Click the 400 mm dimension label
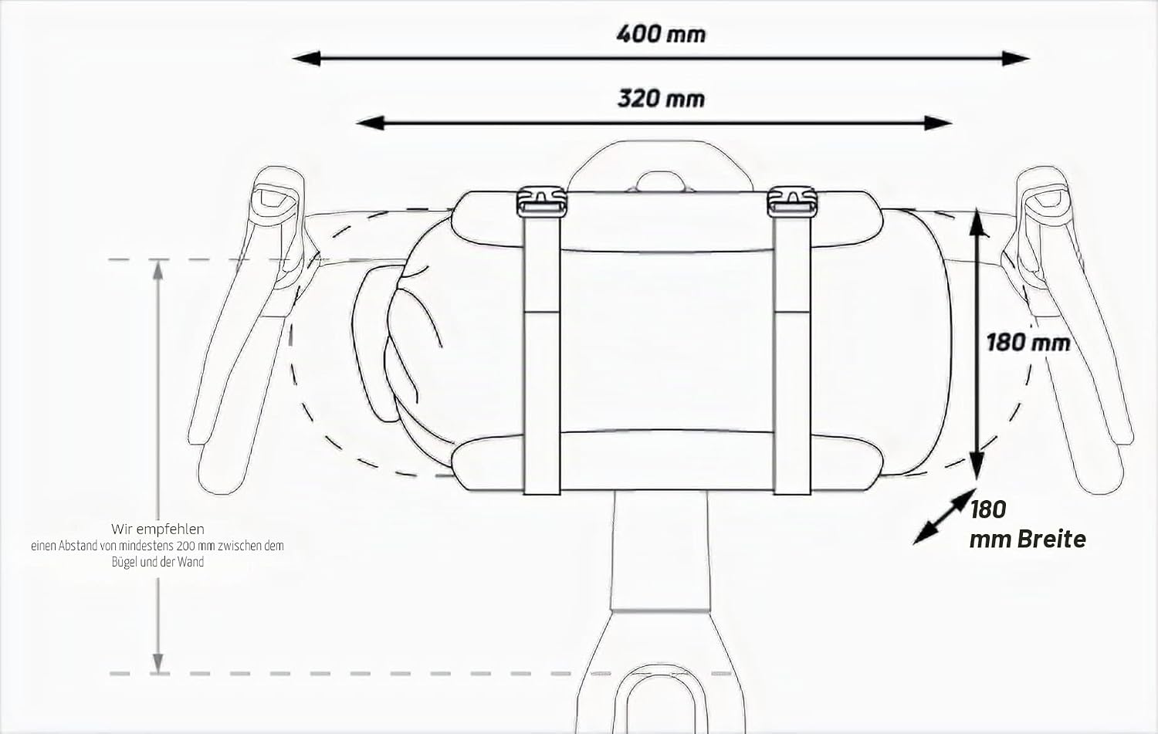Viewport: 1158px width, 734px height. tap(661, 34)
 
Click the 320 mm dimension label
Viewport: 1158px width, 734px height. tap(661, 98)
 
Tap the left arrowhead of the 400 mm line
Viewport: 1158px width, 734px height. tap(306, 59)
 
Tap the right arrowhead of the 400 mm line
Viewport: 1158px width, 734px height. tap(1015, 59)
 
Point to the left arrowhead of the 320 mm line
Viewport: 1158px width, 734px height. tap(370, 123)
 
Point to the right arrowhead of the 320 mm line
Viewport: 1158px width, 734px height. tap(938, 123)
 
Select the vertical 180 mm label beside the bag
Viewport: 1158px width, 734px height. tap(1028, 343)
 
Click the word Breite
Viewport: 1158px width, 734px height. tap(1051, 540)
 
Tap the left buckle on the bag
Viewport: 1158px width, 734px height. tap(541, 201)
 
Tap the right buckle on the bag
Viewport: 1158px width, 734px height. tap(792, 201)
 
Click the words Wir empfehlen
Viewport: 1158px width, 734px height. tap(157, 529)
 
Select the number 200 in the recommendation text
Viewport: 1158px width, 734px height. tap(185, 546)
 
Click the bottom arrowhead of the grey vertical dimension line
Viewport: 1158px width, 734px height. tap(158, 664)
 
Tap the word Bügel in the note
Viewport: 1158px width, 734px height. tap(124, 562)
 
